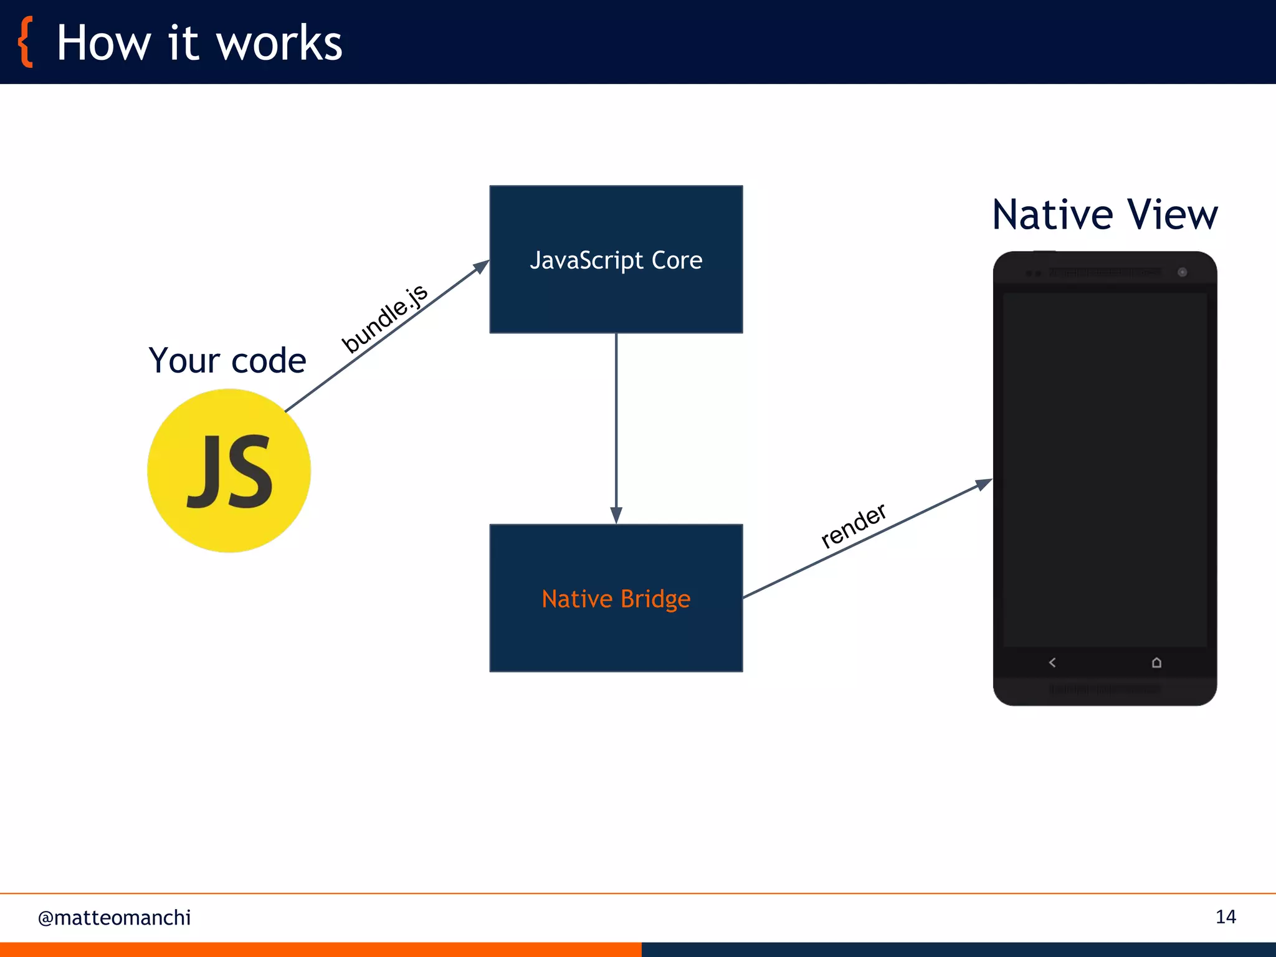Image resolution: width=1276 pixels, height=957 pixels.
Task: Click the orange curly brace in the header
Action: [25, 42]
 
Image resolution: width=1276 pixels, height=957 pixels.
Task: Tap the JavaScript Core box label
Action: [616, 260]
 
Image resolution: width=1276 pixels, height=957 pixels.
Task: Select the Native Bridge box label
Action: [616, 599]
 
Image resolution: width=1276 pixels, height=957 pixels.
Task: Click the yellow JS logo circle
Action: [229, 470]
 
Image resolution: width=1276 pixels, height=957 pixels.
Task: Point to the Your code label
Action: [227, 360]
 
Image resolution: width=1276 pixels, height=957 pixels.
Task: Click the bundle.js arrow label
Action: [384, 318]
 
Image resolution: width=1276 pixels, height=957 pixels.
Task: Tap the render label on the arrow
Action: [853, 525]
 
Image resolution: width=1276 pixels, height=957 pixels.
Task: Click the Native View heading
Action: [1105, 215]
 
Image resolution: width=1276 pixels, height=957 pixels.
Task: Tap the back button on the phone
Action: [1052, 662]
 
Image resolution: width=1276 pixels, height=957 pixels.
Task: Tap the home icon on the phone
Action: [1156, 662]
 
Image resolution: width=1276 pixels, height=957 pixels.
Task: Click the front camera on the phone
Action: [1182, 272]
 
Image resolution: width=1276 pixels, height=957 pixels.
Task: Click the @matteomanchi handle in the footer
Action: [114, 918]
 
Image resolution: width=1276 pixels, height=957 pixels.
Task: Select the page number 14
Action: [1226, 917]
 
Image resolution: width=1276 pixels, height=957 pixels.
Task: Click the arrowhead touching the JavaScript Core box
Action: [481, 267]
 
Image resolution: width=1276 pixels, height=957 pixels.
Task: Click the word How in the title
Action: [103, 44]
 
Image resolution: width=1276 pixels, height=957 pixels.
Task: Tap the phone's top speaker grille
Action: [1105, 272]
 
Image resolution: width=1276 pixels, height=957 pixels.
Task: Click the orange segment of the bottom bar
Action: [320, 949]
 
